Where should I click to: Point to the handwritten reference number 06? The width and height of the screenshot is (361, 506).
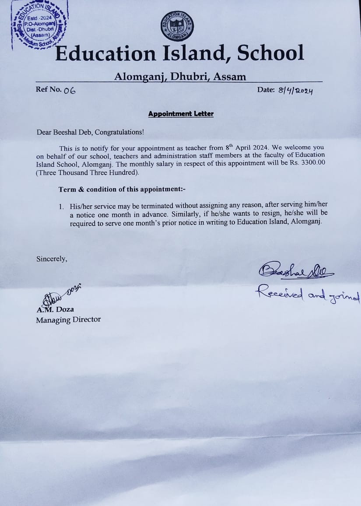tap(70, 91)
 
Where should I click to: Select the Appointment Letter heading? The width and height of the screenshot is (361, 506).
tap(181, 114)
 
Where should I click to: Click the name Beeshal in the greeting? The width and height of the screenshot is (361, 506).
tap(66, 131)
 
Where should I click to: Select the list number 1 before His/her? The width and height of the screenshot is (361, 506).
tap(61, 205)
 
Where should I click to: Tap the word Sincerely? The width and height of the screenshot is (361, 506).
tap(52, 259)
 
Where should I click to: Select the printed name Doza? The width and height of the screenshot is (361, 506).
tap(65, 309)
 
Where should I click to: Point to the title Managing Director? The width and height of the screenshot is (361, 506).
tap(68, 320)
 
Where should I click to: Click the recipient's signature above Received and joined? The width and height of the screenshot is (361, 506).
tap(296, 271)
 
